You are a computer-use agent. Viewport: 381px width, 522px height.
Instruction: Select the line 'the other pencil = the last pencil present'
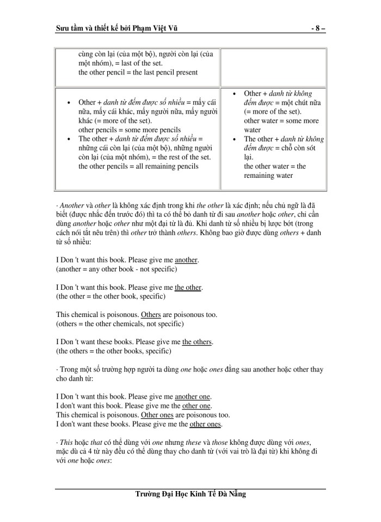coord(138,72)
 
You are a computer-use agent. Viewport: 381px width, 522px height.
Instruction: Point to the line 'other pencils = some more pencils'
coord(130,130)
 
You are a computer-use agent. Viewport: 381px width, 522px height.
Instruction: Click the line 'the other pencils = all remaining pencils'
coord(138,166)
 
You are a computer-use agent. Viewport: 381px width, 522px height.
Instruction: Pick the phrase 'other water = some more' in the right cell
coord(281,121)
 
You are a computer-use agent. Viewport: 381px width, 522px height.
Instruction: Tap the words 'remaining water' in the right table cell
coord(269,176)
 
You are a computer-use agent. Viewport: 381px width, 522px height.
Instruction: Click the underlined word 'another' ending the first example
coord(187,260)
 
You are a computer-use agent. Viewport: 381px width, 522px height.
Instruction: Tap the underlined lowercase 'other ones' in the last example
coord(205,424)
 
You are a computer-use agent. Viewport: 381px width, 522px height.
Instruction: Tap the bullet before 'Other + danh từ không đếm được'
coord(235,94)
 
